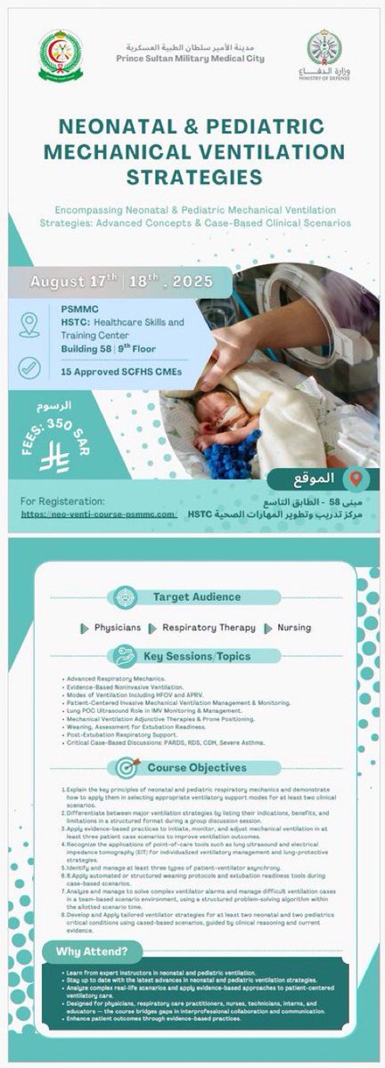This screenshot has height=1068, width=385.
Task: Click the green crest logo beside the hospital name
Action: pyautogui.click(x=61, y=53)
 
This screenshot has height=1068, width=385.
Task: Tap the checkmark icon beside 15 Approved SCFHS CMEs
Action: pyautogui.click(x=29, y=367)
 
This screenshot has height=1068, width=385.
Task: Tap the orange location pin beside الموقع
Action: pyautogui.click(x=355, y=477)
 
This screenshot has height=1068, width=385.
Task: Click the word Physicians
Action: pyautogui.click(x=118, y=627)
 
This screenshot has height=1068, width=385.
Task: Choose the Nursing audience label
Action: pyautogui.click(x=293, y=627)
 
